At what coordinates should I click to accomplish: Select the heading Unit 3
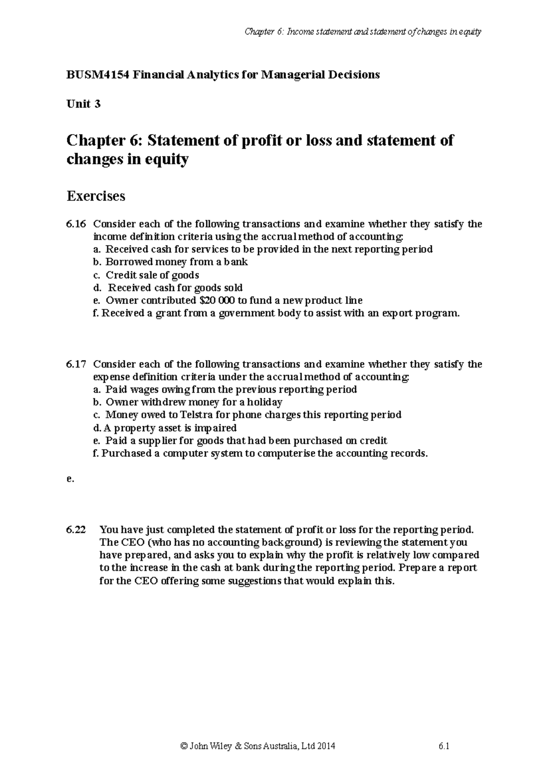(83, 104)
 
